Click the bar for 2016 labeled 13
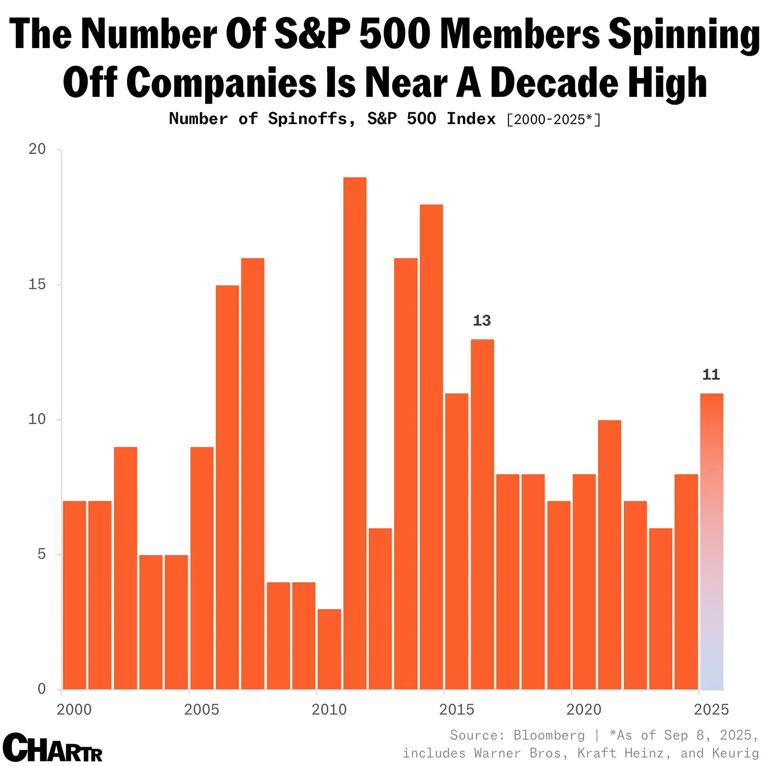[482, 514]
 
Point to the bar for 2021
[610, 554]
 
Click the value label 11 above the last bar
[711, 375]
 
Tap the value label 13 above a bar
[481, 320]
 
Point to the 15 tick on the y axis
[37, 284]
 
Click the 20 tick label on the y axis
[37, 149]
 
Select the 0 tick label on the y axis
[42, 689]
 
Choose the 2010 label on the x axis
[329, 710]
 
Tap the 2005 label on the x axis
[201, 710]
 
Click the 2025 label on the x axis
[711, 710]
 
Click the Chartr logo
[53, 747]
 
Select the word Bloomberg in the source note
[549, 735]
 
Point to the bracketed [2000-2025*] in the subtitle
[553, 120]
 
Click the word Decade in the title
[553, 83]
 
